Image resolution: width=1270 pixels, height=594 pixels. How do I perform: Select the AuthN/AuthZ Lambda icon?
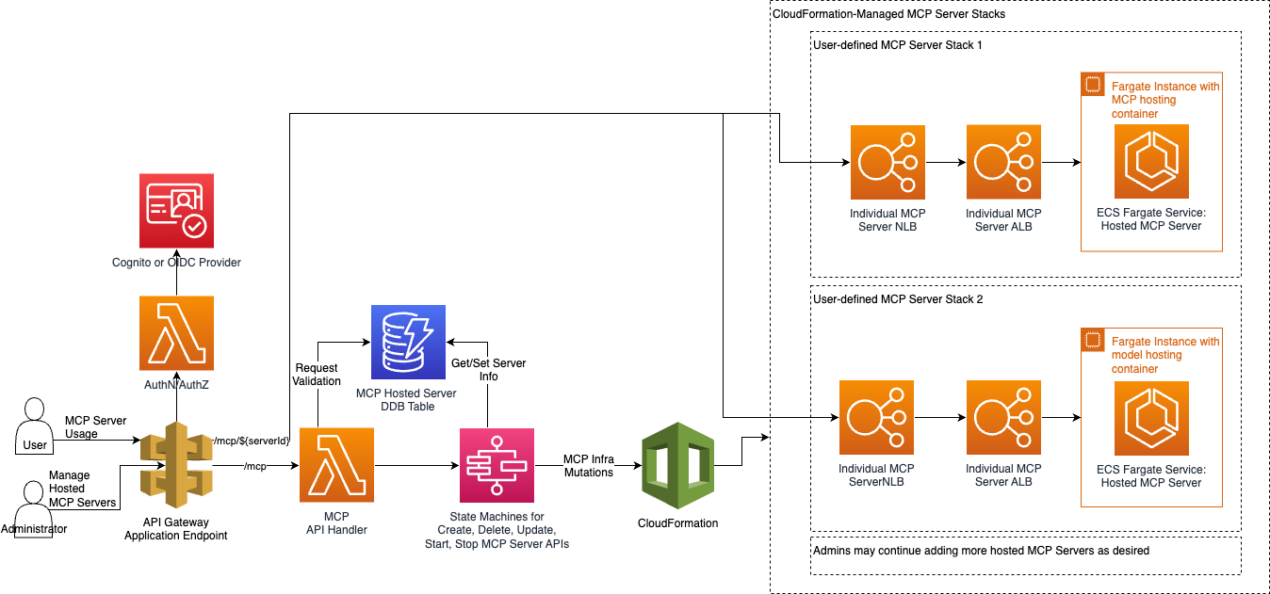click(x=176, y=333)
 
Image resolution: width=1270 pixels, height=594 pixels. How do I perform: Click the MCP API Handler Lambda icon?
click(x=336, y=465)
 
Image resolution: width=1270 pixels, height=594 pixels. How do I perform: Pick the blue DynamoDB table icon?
click(x=408, y=342)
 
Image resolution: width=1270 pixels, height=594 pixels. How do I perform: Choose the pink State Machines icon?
click(x=497, y=465)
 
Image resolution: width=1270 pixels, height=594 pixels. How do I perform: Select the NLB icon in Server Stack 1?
click(x=887, y=162)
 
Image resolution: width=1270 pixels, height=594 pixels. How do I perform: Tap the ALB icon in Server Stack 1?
click(x=1003, y=162)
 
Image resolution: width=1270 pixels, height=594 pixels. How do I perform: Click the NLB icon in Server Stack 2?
click(x=876, y=417)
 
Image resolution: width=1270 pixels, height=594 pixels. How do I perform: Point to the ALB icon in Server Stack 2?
click(x=1003, y=417)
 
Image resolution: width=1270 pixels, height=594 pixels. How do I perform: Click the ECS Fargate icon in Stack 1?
click(x=1151, y=162)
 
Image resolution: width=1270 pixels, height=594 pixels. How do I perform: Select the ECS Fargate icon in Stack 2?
click(x=1151, y=417)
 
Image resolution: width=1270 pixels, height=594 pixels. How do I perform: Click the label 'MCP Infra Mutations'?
click(x=589, y=465)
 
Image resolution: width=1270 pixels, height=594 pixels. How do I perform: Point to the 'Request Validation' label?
click(x=317, y=375)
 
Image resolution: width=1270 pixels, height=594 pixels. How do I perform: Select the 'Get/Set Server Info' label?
click(x=489, y=369)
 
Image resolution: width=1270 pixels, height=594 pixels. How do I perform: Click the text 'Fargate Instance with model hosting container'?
click(x=1164, y=355)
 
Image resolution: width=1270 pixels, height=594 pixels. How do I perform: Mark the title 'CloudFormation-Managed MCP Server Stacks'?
click(x=888, y=14)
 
